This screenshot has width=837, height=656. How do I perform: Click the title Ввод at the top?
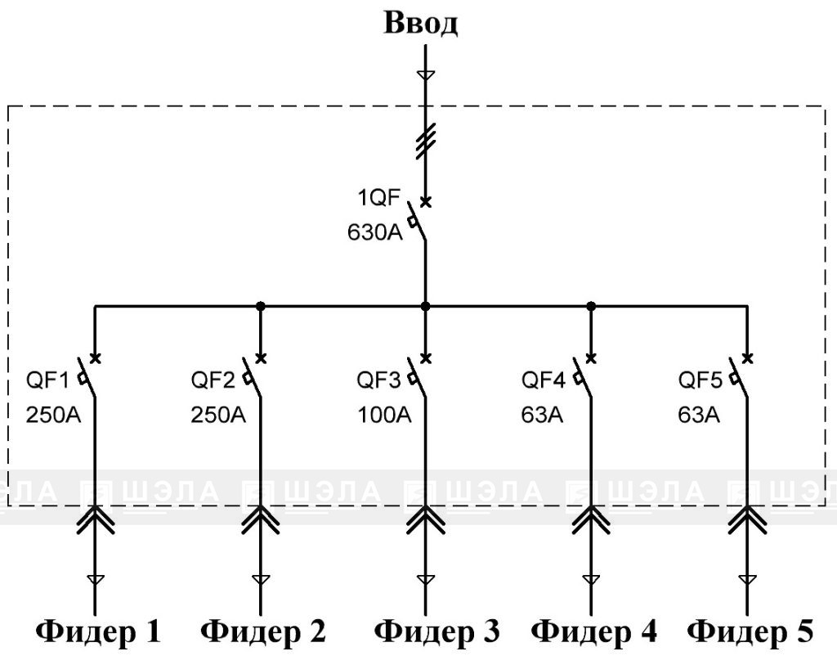point(422,23)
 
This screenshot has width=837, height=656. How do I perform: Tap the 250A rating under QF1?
point(54,415)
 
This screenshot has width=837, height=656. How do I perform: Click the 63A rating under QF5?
point(699,415)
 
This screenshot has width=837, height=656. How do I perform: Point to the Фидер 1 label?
point(97,631)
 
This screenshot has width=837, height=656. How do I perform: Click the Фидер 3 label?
point(436,631)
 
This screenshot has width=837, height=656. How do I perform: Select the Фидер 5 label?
point(750,631)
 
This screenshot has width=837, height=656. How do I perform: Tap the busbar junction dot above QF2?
point(260,306)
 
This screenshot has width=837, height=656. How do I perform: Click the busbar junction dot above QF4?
point(591,306)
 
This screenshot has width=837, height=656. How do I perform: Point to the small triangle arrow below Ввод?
point(425,76)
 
